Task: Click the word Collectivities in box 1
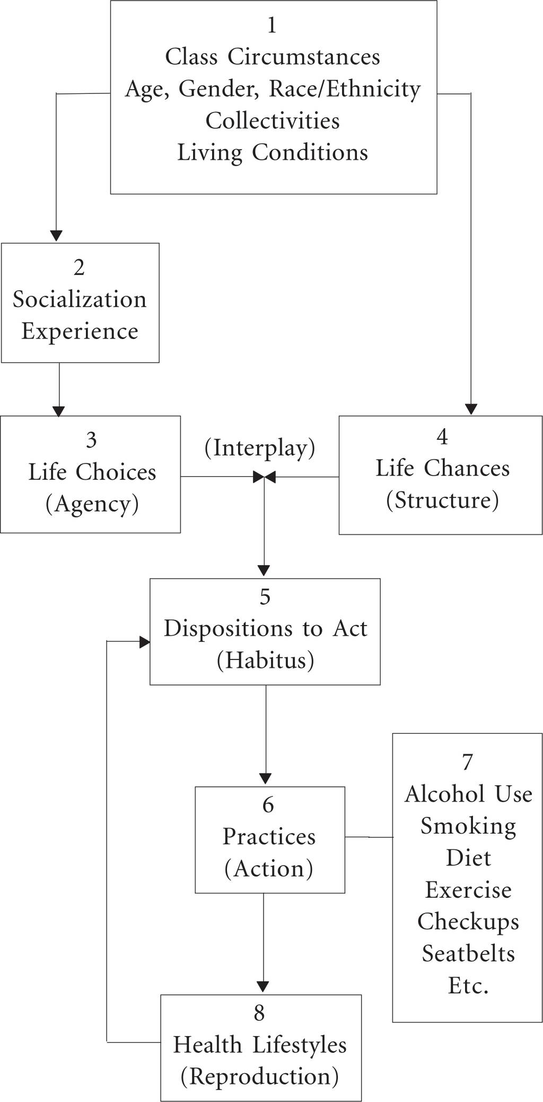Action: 273,121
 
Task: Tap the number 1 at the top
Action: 272,25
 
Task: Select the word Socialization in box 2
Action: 80,299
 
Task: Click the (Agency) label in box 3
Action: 92,504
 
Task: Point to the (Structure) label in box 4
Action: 442,500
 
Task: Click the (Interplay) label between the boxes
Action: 260,448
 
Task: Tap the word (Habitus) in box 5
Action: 265,661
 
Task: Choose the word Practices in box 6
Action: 269,836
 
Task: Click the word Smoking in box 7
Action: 468,827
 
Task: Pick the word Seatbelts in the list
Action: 468,953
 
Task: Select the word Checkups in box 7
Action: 468,922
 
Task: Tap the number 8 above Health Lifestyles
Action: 259,1012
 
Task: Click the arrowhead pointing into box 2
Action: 56,236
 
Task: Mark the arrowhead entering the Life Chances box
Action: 471,409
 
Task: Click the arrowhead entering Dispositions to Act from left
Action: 144,642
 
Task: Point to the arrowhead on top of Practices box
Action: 266,778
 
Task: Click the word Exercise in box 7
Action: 468,890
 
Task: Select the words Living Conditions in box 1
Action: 273,152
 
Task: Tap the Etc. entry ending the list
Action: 468,985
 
